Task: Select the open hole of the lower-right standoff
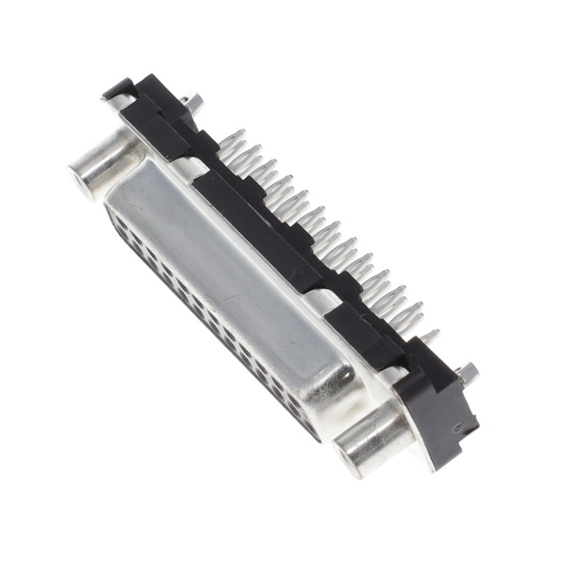357,457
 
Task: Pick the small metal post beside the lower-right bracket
469,374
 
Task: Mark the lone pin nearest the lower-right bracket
430,336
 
